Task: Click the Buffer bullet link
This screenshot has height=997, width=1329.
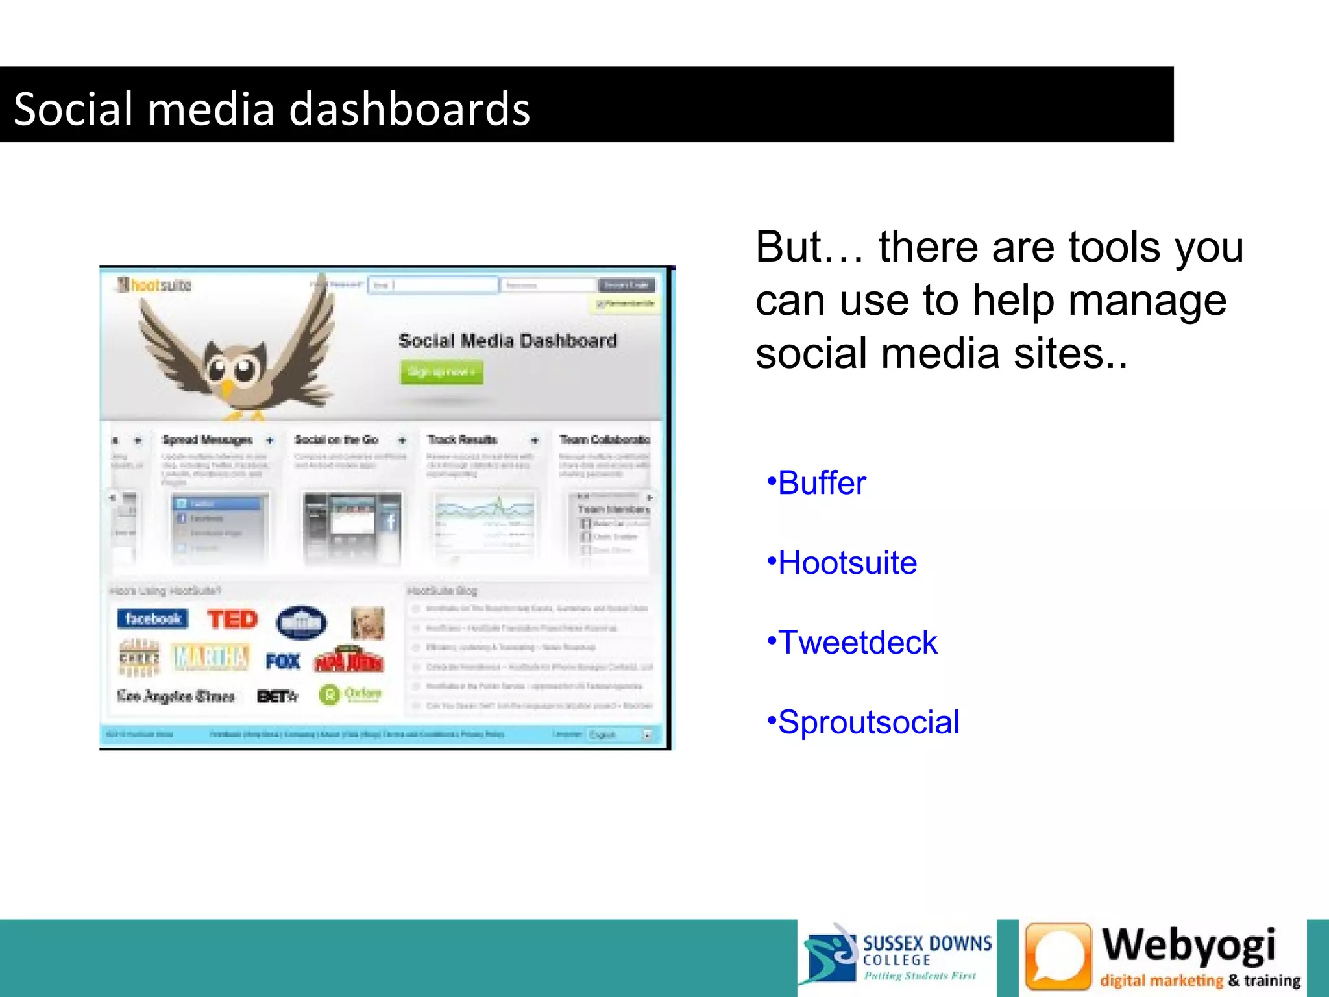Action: point(821,484)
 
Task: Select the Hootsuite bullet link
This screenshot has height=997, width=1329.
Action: point(847,563)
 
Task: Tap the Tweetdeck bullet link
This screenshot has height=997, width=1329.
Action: point(857,643)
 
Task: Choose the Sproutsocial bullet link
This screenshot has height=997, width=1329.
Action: point(868,722)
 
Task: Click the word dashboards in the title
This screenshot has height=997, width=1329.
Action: point(409,108)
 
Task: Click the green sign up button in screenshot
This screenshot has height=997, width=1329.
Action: point(441,372)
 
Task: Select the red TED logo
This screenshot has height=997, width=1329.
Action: point(232,619)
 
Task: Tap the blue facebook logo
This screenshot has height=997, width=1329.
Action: point(152,619)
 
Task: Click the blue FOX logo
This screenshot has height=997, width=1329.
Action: point(283,661)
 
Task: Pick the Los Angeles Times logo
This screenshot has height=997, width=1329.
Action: point(176,696)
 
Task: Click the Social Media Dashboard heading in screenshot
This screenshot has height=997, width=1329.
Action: point(507,341)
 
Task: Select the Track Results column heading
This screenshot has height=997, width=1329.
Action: point(462,440)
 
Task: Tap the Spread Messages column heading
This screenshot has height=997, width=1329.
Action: point(207,440)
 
